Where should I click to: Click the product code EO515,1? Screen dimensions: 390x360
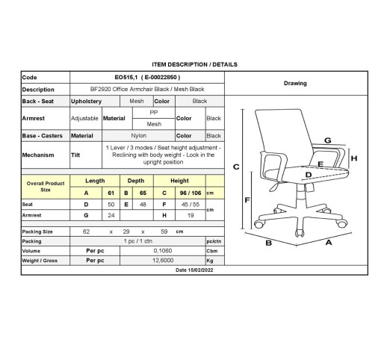[126, 78]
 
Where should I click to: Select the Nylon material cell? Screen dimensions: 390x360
[139, 136]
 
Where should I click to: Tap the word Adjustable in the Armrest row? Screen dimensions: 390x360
[84, 118]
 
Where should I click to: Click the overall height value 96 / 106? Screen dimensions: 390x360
[191, 193]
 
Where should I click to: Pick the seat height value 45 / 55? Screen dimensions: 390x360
[191, 205]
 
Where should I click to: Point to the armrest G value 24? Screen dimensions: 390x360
[111, 215]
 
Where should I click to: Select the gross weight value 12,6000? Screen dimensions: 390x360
[163, 261]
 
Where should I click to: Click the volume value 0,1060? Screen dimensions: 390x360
[163, 251]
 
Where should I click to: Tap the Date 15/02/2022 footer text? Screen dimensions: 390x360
[194, 270]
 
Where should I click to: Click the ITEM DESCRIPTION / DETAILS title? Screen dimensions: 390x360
[195, 64]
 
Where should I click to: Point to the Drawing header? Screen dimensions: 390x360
[295, 84]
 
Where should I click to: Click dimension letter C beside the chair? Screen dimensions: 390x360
[236, 167]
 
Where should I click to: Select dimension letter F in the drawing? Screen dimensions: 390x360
[247, 200]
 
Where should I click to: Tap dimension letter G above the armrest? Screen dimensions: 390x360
[328, 140]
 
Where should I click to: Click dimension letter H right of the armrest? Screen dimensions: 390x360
[354, 158]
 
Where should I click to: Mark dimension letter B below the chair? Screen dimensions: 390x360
[268, 243]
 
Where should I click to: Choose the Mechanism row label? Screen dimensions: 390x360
[38, 155]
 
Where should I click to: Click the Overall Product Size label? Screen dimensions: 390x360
[46, 187]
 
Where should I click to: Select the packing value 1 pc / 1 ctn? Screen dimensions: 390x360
[138, 241]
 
